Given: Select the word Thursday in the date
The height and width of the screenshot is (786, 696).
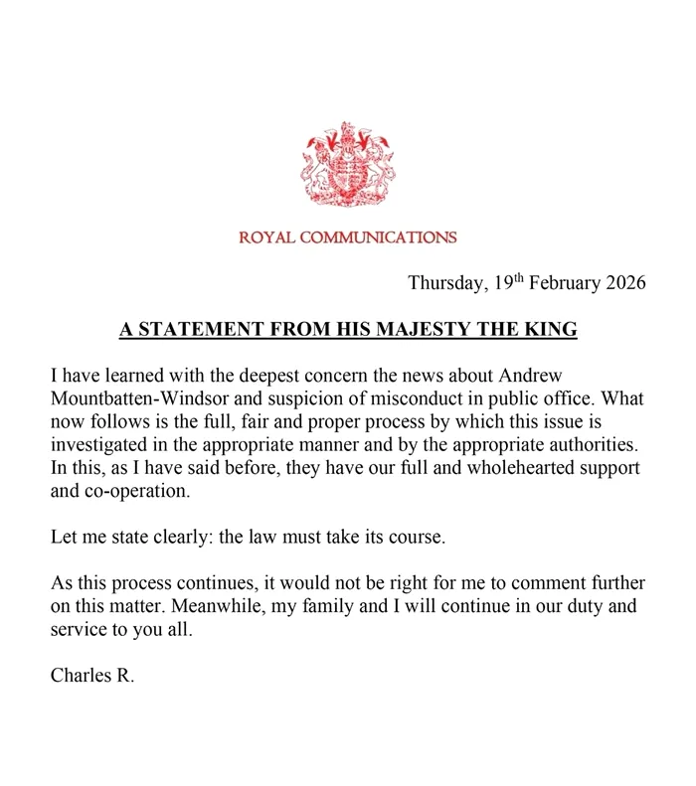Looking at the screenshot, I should coord(447,282).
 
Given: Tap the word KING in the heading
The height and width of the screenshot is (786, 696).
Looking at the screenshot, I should coord(552,329).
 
